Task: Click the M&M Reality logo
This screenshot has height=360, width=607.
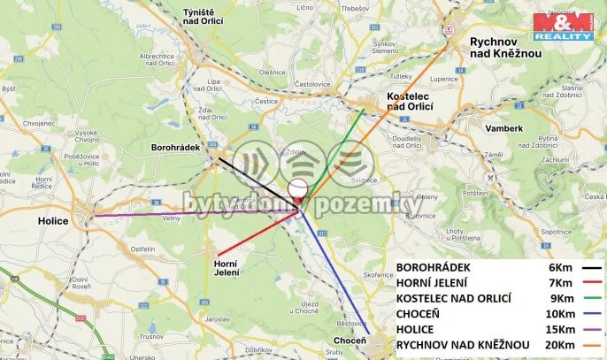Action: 563,27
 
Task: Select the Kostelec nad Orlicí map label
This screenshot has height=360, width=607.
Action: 411,101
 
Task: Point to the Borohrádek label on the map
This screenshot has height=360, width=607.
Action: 178,147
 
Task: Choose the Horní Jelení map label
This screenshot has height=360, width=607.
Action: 227,267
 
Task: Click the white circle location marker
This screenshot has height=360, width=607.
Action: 298,188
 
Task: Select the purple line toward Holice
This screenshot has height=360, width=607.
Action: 195,213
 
